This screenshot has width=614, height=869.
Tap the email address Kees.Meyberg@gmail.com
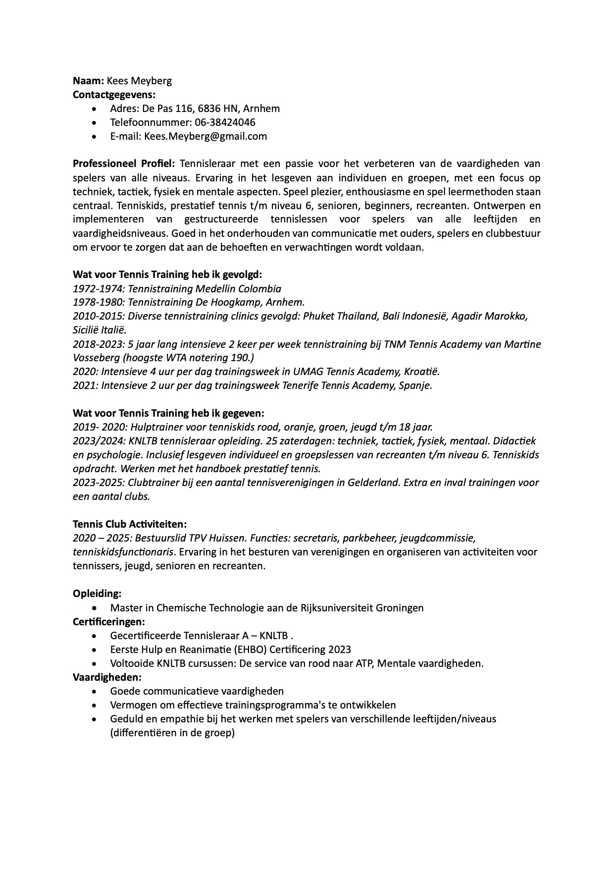pos(205,136)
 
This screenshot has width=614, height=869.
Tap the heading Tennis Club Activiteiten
pos(130,524)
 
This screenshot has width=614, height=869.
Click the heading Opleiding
pos(97,594)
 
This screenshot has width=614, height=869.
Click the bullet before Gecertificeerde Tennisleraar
pos(95,636)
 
